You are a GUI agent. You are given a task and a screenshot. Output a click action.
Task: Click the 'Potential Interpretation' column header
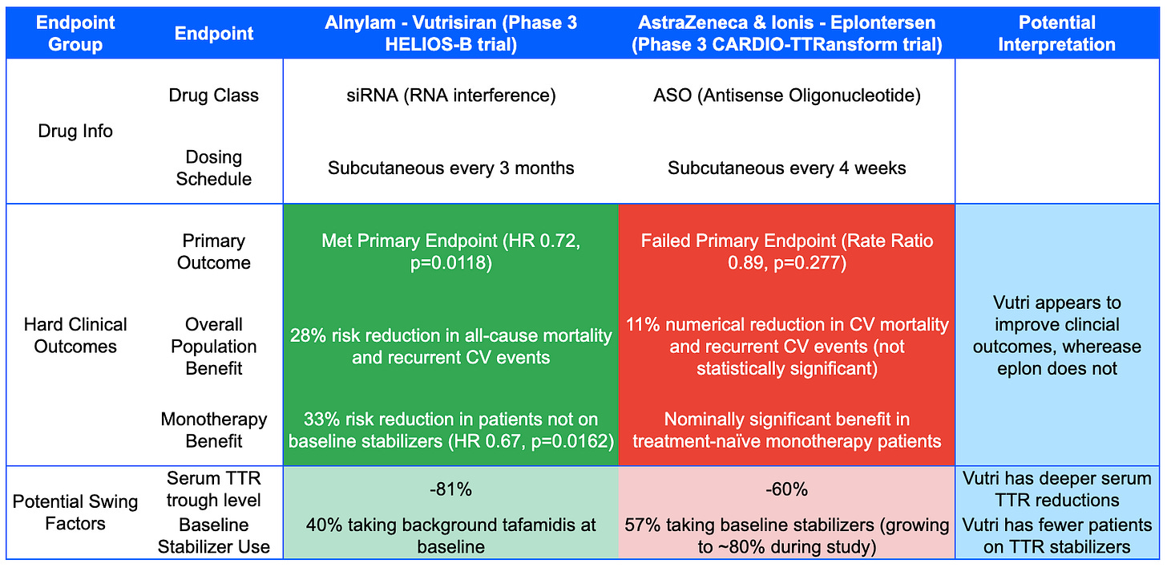(1056, 34)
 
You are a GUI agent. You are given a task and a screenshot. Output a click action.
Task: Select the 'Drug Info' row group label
(75, 131)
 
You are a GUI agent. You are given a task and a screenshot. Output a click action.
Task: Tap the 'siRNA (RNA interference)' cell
(451, 95)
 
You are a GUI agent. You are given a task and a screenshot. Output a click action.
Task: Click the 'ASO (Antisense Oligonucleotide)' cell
(787, 95)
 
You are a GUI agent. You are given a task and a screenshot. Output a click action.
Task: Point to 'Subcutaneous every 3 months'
(451, 168)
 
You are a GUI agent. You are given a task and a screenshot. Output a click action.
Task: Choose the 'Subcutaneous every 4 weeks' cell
(787, 168)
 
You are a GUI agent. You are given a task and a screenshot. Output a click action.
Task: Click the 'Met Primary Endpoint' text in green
(410, 241)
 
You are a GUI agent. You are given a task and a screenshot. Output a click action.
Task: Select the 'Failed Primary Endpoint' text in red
(738, 241)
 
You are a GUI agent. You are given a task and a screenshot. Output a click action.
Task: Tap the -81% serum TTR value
(451, 489)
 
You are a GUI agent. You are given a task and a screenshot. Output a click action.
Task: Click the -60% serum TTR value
(787, 489)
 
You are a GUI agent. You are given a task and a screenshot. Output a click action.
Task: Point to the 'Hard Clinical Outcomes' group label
(75, 335)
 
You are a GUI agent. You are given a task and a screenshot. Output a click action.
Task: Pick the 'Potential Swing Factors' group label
(75, 512)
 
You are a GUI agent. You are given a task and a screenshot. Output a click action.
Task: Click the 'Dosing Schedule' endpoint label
(213, 168)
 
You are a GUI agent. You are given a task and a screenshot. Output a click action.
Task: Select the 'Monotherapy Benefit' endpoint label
(213, 430)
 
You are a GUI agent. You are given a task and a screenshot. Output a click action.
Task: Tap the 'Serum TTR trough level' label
(213, 489)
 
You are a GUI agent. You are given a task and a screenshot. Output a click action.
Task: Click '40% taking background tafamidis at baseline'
(451, 536)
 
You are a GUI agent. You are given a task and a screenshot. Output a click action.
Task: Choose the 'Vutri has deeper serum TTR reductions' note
(1056, 489)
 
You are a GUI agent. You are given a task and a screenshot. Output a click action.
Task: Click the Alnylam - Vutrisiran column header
(451, 34)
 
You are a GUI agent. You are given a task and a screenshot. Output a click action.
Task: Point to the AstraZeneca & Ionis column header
(787, 34)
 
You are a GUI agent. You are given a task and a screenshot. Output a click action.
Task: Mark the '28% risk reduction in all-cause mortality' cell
(451, 347)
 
